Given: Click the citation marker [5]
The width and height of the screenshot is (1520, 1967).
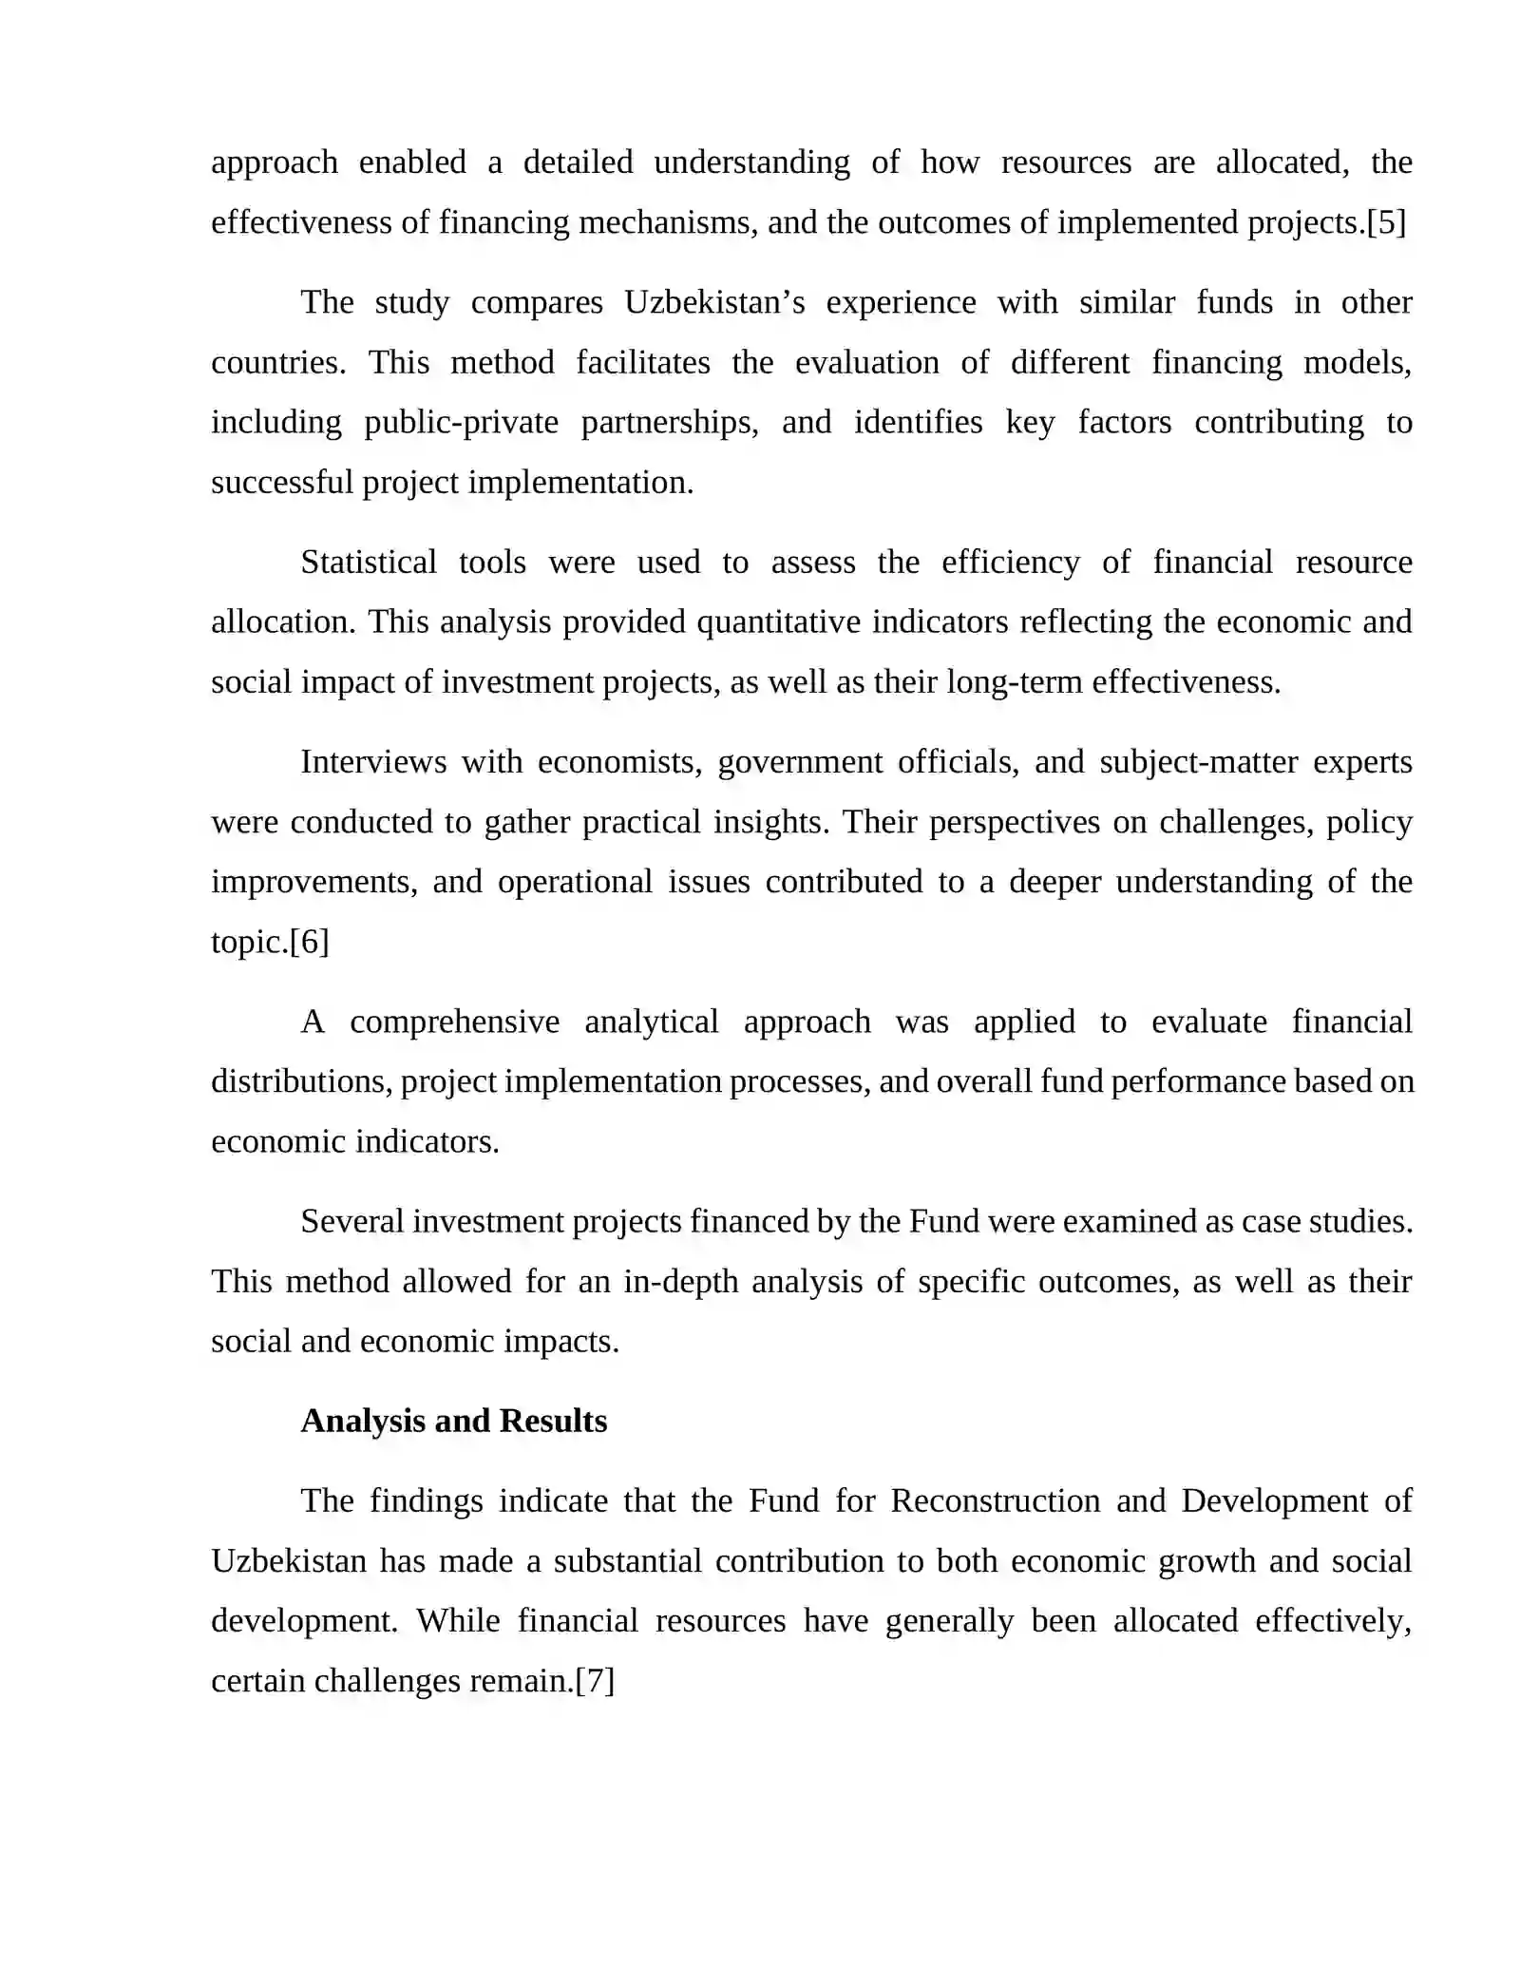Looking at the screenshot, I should click(x=1386, y=222).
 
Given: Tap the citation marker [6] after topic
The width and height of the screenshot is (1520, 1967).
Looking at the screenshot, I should click(x=310, y=942).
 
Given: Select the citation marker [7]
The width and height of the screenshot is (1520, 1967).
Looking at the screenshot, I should click(x=596, y=1681).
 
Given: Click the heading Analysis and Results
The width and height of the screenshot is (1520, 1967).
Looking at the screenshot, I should click(x=454, y=1421).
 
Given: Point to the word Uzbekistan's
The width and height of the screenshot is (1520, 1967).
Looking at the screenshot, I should click(x=714, y=302).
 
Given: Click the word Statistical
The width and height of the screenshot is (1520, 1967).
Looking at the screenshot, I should click(x=369, y=562).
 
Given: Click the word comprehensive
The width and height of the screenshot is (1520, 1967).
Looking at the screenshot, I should click(x=454, y=1022).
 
